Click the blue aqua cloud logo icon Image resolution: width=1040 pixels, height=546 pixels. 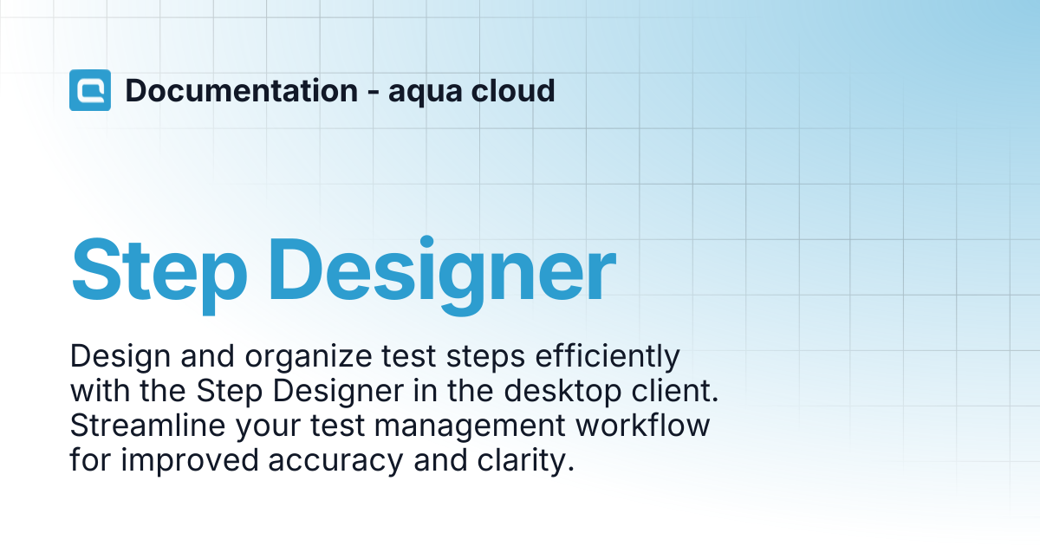click(90, 90)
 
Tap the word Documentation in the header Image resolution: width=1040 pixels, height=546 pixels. click(242, 90)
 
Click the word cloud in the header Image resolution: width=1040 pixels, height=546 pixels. click(512, 90)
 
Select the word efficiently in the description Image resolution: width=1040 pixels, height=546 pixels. click(608, 357)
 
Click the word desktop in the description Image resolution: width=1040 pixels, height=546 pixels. click(562, 391)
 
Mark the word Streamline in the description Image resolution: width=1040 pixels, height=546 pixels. click(147, 426)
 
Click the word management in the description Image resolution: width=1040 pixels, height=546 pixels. click(470, 427)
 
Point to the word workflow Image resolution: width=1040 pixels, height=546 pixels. click(642, 426)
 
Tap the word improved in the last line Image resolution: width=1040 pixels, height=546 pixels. click(190, 462)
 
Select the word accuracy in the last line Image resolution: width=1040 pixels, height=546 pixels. click(335, 463)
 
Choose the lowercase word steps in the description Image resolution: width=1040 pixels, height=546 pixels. click(485, 359)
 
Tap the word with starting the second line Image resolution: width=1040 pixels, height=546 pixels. click(100, 391)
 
